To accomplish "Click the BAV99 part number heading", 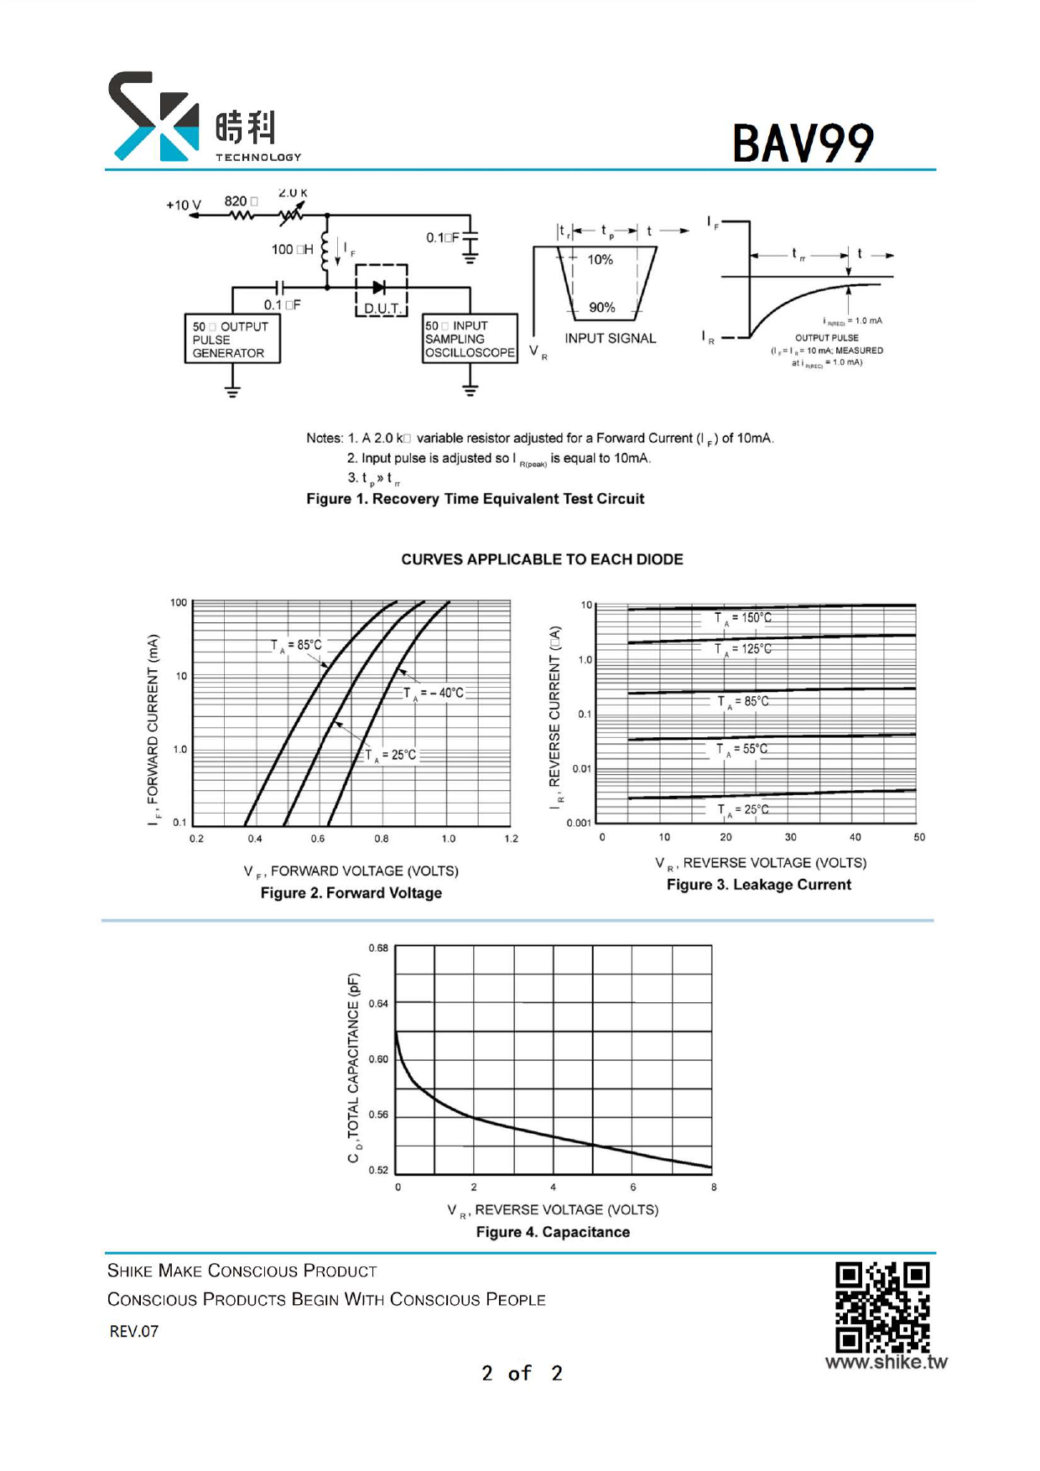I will [x=803, y=143].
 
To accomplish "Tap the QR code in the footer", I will [x=882, y=1306].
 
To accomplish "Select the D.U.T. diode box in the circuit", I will [x=382, y=291].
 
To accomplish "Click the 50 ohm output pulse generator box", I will [x=231, y=340].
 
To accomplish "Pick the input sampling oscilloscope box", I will [x=470, y=339].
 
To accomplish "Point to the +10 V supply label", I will [x=183, y=205].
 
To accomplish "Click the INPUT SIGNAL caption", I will [x=610, y=338].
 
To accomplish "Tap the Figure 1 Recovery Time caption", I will [x=475, y=499].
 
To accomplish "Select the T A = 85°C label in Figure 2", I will [x=296, y=645].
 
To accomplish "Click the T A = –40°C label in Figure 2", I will [x=434, y=693].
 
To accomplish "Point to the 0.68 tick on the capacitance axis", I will [x=378, y=948].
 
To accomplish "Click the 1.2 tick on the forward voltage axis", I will [x=511, y=839].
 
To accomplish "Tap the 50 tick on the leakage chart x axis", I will [x=919, y=837].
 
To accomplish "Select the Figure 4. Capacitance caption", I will [x=553, y=1232].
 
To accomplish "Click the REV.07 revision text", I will [x=134, y=1331].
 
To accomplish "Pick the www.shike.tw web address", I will [x=886, y=1362].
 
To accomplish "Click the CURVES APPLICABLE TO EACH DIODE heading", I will [x=542, y=559].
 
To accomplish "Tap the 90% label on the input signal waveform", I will [x=601, y=308].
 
